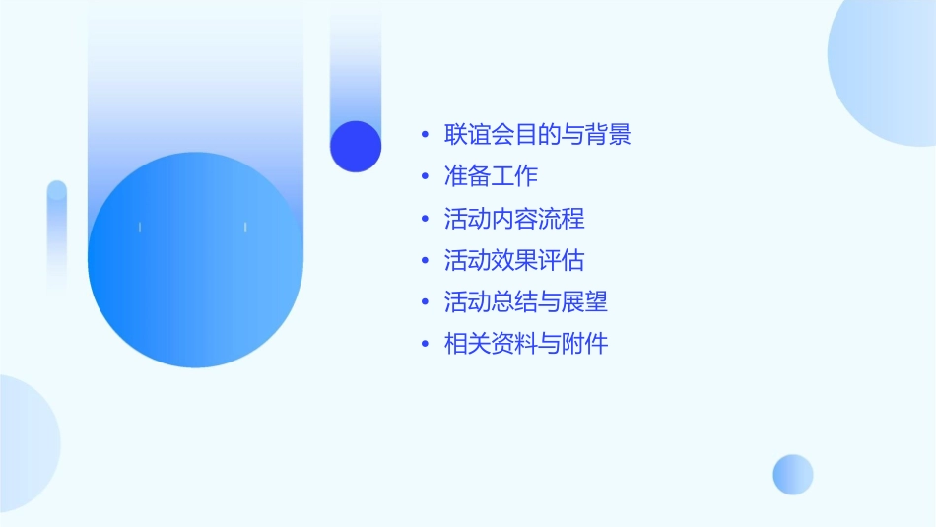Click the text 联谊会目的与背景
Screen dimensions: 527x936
[x=537, y=134]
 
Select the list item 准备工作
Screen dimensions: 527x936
[x=491, y=176]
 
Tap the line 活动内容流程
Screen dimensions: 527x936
[x=514, y=218]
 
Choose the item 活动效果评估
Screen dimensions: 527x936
[x=514, y=260]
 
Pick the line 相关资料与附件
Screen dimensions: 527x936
[x=526, y=344]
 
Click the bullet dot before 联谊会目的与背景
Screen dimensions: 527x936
[x=425, y=135]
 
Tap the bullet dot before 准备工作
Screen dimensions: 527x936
[x=425, y=177]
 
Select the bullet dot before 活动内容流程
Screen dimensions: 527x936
[x=425, y=219]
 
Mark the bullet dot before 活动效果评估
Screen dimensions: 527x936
[x=425, y=261]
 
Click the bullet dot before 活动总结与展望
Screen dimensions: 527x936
[x=425, y=302]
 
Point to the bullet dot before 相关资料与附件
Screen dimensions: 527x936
[x=425, y=345]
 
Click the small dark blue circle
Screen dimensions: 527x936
[x=356, y=146]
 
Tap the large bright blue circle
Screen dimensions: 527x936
[x=195, y=260]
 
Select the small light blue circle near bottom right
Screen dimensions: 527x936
[x=793, y=474]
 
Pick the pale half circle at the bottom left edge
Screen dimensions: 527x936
[x=25, y=443]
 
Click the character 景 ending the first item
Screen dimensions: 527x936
[x=620, y=134]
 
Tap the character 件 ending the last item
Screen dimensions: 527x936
[x=597, y=344]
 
